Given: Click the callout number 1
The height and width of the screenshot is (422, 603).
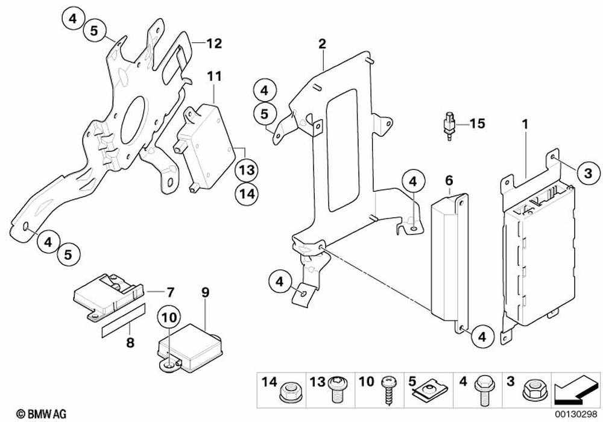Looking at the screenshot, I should pos(525,125).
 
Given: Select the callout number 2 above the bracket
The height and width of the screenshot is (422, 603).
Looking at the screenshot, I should pos(322,43).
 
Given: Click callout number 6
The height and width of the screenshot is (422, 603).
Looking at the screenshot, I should pos(449,180).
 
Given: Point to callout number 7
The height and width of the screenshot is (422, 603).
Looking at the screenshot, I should pos(170,293).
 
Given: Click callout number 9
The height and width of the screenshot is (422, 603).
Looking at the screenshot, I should pos(205,293).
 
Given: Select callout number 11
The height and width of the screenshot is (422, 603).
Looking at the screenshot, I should pos(215,77).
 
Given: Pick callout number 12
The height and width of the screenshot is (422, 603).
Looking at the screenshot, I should pos(214,43).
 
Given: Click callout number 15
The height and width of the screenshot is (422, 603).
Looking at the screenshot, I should pos(477,124).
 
